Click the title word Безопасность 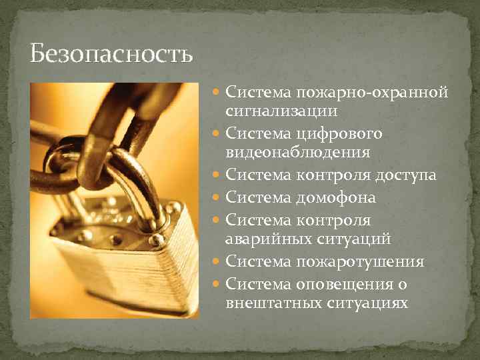pos(111,54)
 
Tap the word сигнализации pos(281,110)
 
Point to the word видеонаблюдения pos(298,153)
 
